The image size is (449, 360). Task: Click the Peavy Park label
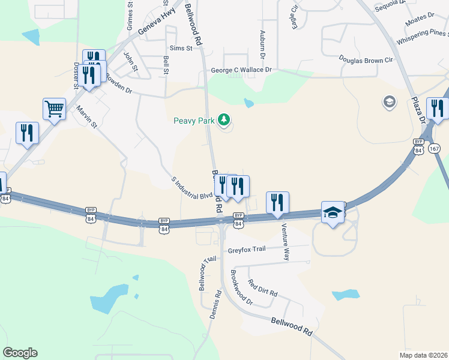coord(194,121)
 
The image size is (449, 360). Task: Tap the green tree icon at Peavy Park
coord(224,120)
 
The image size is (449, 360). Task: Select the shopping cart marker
coord(54,109)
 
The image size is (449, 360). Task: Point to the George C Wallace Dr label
coord(241,70)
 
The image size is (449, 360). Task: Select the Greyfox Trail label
coord(246,251)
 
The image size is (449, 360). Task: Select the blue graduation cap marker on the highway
coord(333,212)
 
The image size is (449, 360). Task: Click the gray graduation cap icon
coord(389,102)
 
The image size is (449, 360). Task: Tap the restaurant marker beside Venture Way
coord(277,203)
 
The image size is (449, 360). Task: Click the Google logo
coord(20,353)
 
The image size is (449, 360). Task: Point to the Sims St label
coord(181,48)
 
